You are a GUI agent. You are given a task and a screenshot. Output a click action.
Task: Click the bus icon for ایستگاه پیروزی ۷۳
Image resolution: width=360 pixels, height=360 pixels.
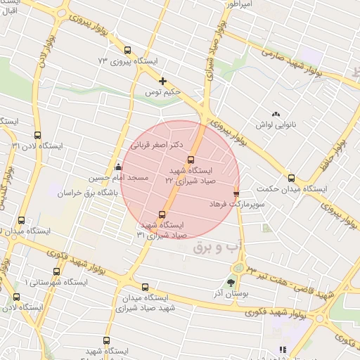pos(127,50)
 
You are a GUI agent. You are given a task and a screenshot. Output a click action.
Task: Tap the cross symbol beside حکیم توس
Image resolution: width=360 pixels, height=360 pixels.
pos(163,81)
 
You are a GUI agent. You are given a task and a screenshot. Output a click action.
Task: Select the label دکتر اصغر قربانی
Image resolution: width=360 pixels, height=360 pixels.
pos(157,144)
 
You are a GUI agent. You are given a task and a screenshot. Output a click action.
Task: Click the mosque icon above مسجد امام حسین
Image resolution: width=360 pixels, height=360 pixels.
pos(118,167)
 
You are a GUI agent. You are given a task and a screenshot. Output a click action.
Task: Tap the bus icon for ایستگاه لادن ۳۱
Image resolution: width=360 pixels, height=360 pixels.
pos(38,135)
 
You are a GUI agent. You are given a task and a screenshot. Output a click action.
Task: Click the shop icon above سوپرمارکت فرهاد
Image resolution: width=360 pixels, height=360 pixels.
pos(236,192)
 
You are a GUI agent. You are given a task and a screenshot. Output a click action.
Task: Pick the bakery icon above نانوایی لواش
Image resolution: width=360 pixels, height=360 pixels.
pos(276,113)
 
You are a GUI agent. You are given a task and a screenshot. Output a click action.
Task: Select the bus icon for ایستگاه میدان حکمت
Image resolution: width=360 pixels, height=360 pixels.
pos(292,178)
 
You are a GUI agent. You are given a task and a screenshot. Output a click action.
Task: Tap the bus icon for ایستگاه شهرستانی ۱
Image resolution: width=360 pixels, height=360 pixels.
pos(56,271)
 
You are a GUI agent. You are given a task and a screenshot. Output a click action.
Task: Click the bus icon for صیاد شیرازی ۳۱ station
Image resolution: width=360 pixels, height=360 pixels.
pos(162,214)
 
